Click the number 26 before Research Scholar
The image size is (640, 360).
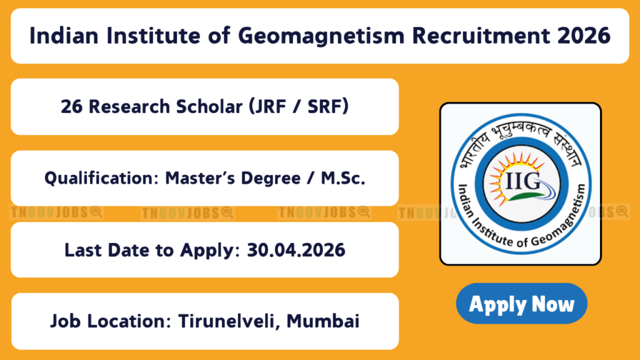click(x=71, y=107)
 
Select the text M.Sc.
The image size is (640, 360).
click(x=343, y=178)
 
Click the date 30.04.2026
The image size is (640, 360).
click(x=296, y=250)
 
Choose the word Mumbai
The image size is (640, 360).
click(x=323, y=321)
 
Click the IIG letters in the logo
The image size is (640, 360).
click(x=522, y=181)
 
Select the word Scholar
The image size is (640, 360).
click(x=209, y=107)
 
